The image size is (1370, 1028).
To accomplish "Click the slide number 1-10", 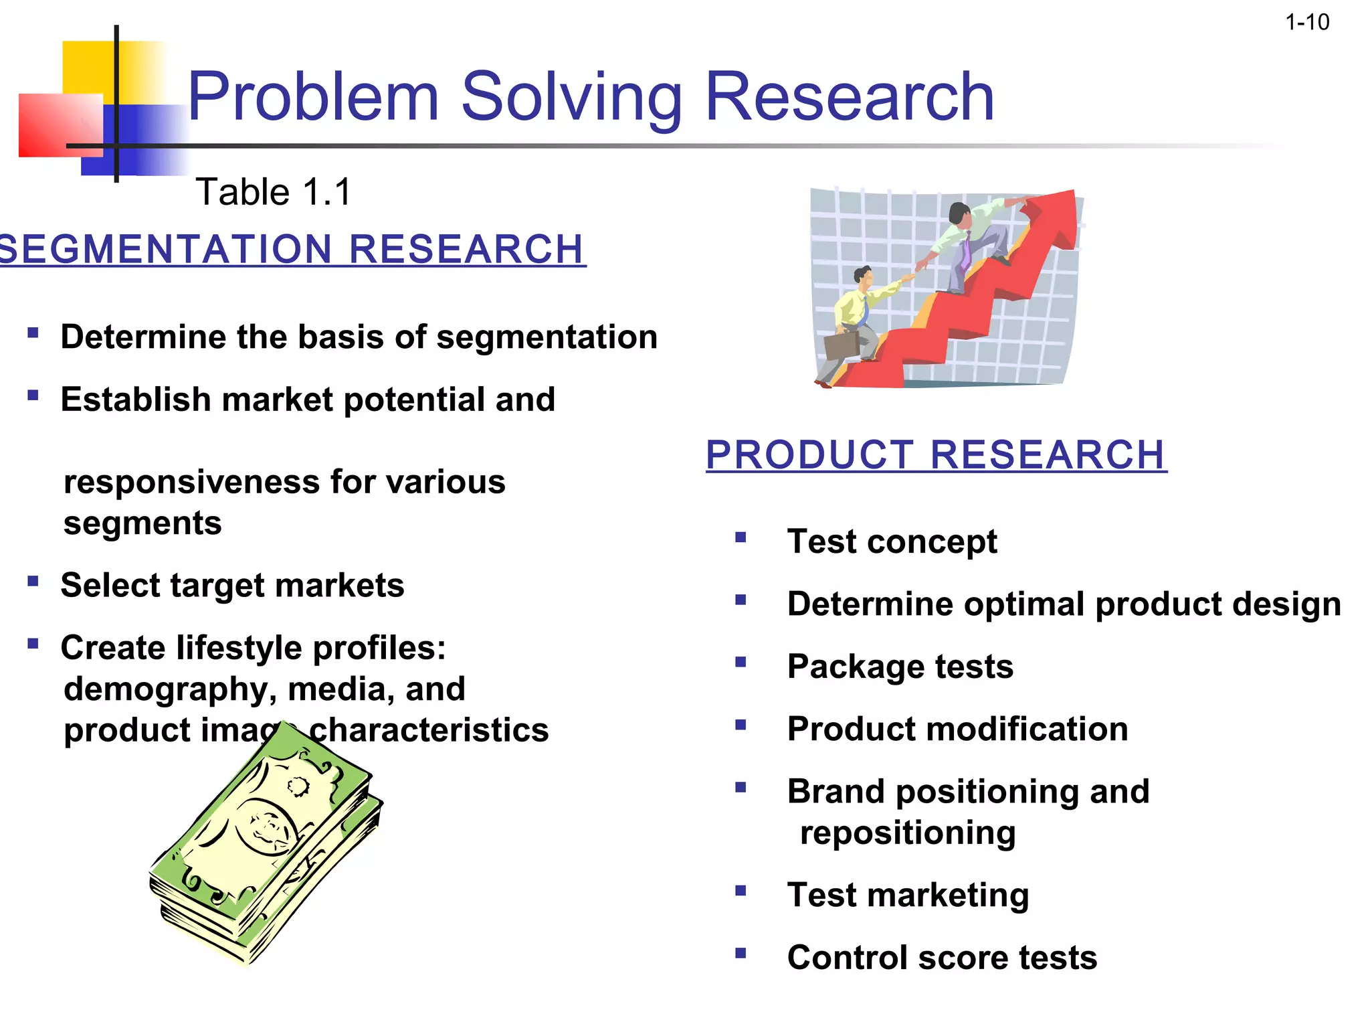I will (x=1306, y=23).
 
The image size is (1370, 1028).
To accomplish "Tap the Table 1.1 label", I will (x=273, y=192).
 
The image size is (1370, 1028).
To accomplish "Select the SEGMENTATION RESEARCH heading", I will (x=292, y=249).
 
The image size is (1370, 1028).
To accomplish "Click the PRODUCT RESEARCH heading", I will (x=936, y=455).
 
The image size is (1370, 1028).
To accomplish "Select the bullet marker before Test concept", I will (x=740, y=537).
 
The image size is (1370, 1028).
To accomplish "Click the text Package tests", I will (x=900, y=667).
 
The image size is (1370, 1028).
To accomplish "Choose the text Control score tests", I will (x=942, y=957).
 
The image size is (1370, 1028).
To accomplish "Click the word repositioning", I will (x=908, y=833).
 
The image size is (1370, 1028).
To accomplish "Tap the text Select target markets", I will (x=232, y=586).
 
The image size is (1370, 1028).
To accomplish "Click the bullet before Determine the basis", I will (x=33, y=333).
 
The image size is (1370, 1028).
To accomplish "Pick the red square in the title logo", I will (x=57, y=125).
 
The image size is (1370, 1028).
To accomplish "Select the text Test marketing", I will (x=908, y=895).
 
